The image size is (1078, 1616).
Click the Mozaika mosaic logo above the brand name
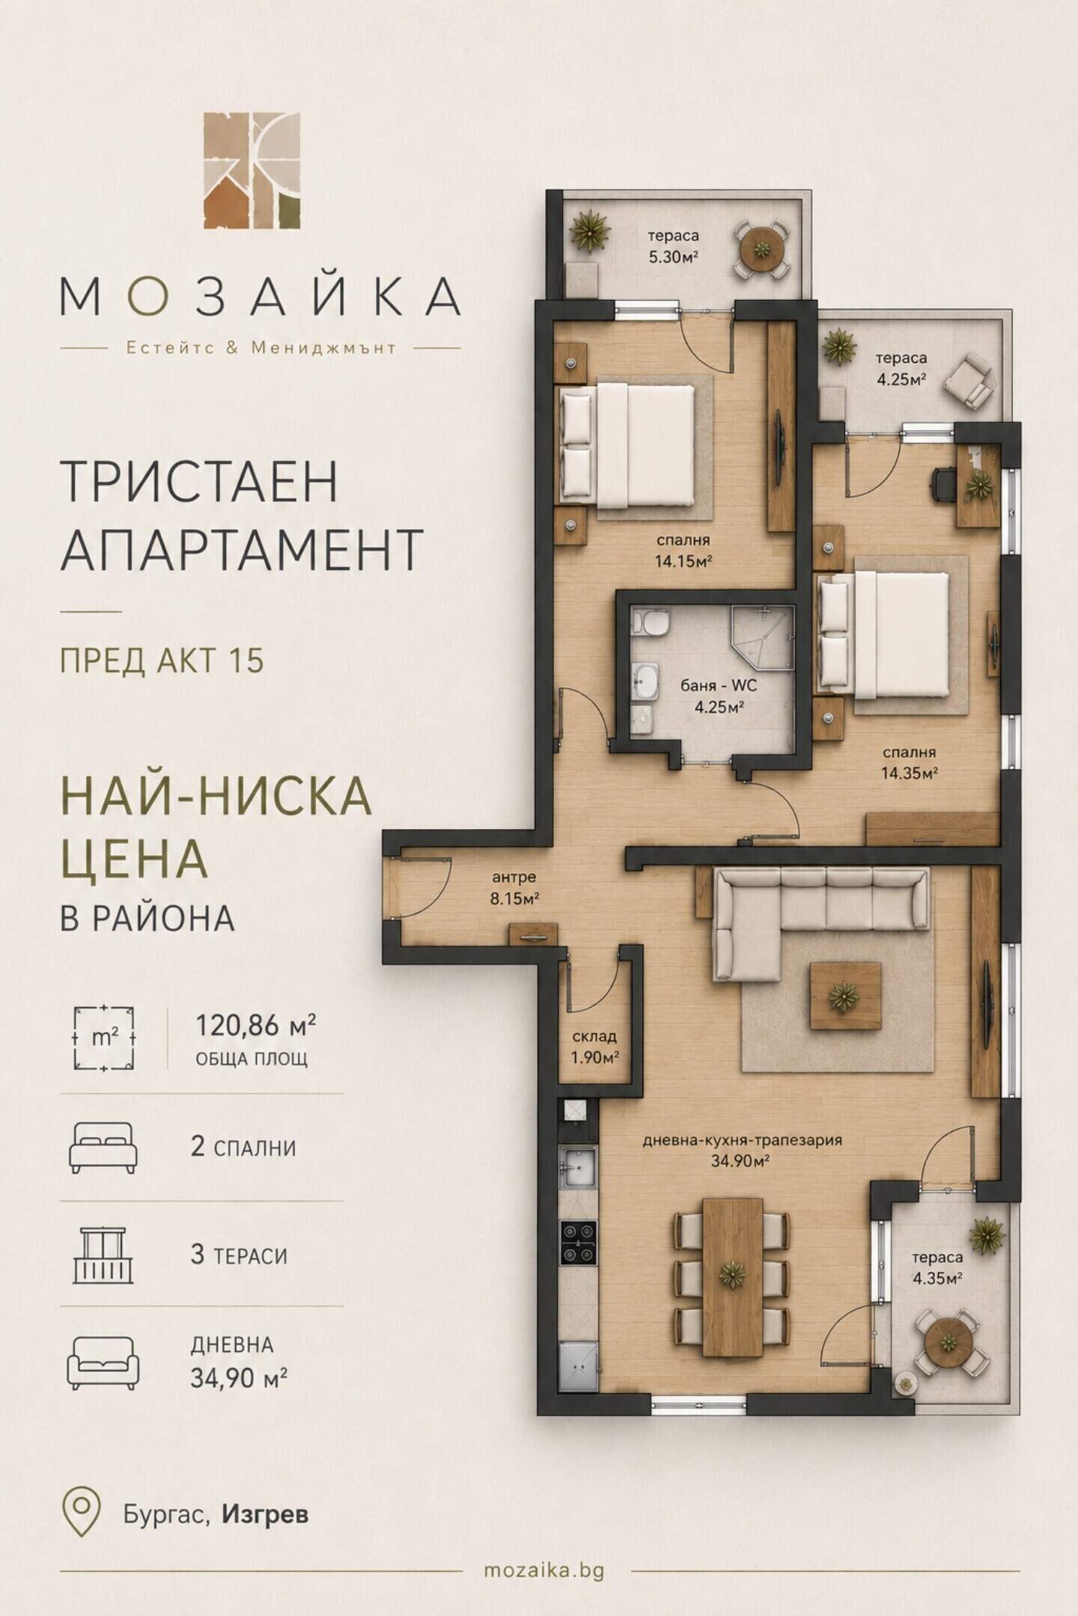pos(252,170)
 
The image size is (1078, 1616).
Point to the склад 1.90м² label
pos(594,1047)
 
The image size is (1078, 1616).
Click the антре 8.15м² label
pos(514,888)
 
